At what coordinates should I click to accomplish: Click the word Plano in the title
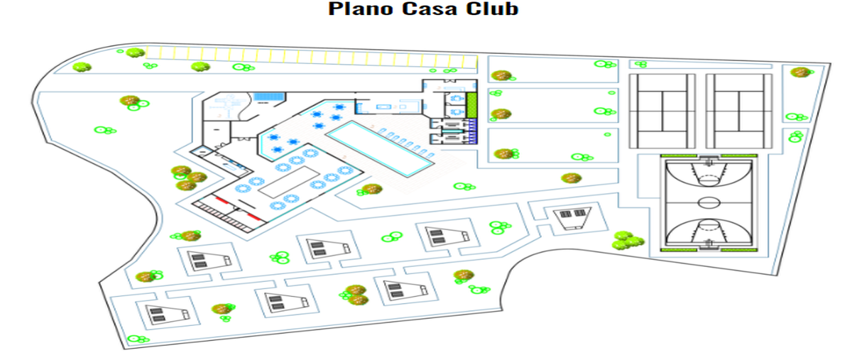[361, 9]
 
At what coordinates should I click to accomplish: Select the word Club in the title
[492, 9]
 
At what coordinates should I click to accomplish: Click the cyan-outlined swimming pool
[380, 149]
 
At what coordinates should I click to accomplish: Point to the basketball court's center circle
[709, 202]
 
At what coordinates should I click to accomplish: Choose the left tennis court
[662, 111]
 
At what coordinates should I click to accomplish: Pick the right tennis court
[739, 111]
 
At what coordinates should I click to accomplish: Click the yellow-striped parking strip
[312, 58]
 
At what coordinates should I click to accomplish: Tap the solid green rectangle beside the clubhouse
[471, 105]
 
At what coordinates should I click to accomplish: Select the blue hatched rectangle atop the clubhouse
[269, 97]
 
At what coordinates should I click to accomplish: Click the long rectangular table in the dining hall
[289, 182]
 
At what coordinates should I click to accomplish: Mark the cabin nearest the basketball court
[573, 218]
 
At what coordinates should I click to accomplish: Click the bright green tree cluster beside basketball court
[627, 240]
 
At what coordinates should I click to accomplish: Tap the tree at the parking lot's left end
[135, 53]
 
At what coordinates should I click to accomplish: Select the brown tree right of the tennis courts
[800, 72]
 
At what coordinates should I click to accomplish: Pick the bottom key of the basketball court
[709, 231]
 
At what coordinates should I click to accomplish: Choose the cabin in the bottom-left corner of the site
[168, 315]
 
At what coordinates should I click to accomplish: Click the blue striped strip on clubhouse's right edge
[473, 131]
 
